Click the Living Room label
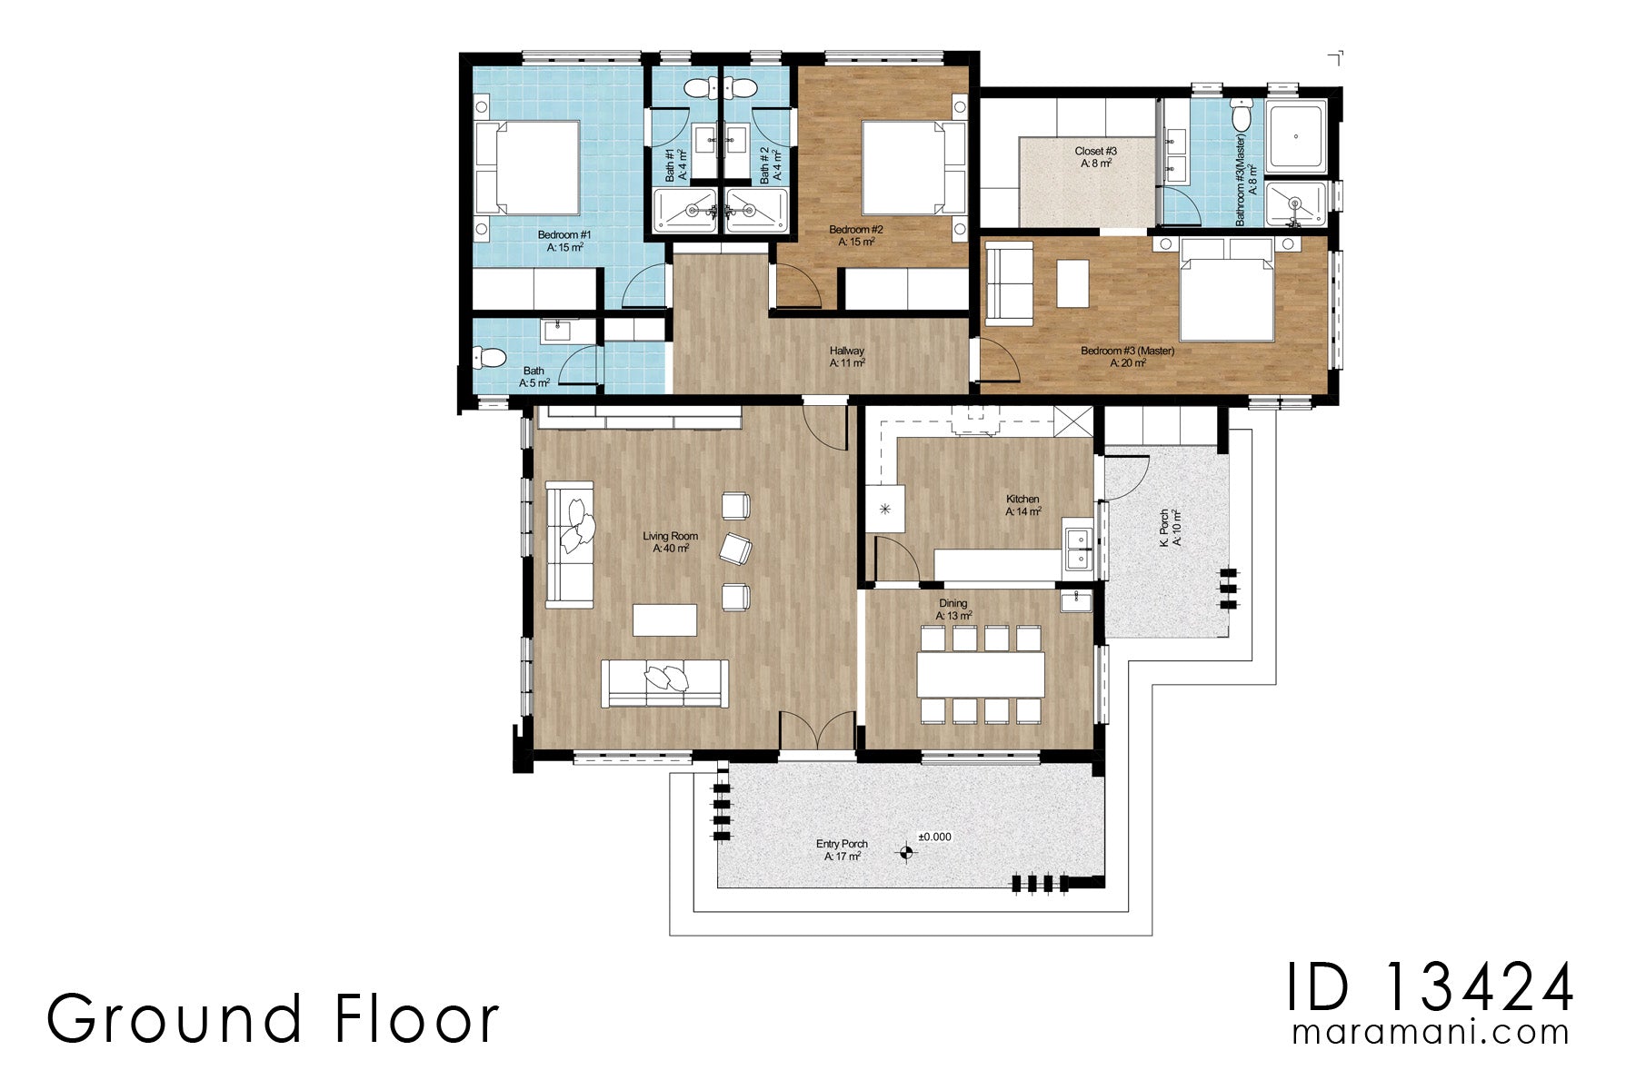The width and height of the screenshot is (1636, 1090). coord(671,536)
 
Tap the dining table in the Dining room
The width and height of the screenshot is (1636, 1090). coord(980,674)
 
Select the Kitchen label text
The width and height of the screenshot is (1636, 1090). coord(1022,499)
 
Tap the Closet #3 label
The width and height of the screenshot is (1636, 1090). coord(1095,151)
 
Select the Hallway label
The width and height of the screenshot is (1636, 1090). coord(846,351)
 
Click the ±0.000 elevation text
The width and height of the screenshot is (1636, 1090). coord(934,837)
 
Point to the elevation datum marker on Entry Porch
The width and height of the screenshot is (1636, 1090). coord(905,852)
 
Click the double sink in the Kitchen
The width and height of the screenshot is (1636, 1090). coord(1079,549)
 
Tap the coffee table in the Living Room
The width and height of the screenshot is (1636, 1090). coord(664,620)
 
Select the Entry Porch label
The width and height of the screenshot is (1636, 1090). coord(842,844)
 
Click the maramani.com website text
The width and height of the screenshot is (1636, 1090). coord(1431,1033)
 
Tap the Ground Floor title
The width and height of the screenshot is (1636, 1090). coord(273,1019)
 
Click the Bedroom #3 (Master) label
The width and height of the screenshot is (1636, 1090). coord(1127,351)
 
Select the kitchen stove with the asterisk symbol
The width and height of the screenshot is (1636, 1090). coord(884,509)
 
